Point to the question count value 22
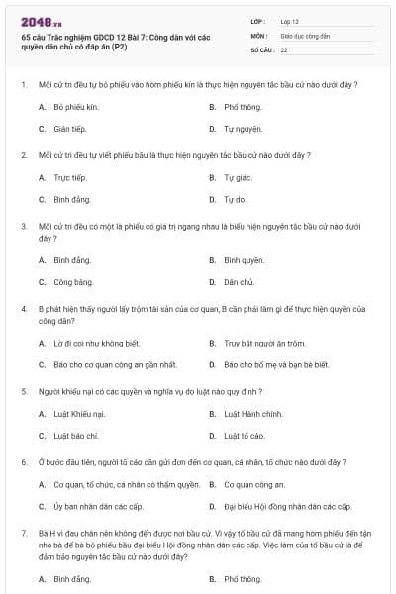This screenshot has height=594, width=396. pyautogui.click(x=284, y=49)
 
